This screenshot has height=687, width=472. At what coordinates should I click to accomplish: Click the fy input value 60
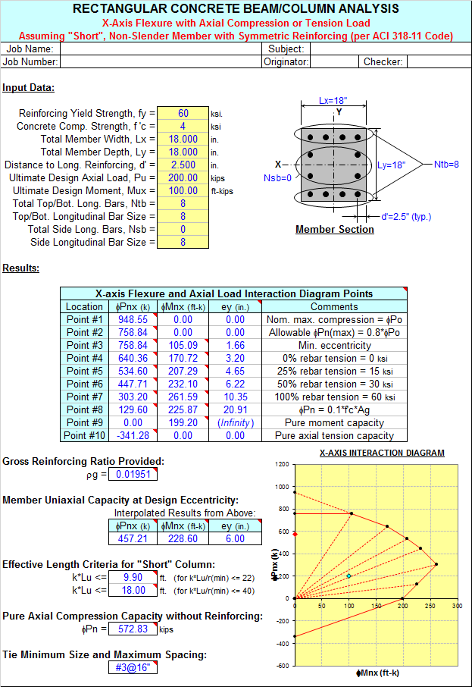[x=183, y=114]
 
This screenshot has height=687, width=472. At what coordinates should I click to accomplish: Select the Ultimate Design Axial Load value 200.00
[x=183, y=178]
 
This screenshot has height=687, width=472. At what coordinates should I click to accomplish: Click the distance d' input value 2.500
[x=183, y=165]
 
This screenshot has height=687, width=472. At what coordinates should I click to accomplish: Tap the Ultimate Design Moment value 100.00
[x=183, y=191]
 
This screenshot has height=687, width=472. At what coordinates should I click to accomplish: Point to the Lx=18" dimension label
[x=333, y=101]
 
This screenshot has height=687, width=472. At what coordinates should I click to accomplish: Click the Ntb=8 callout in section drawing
[x=446, y=165]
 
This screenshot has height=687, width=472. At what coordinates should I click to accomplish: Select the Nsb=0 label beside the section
[x=277, y=178]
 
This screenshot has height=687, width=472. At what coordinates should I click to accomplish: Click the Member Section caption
[x=335, y=230]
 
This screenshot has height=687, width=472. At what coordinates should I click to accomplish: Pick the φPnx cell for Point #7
[x=133, y=397]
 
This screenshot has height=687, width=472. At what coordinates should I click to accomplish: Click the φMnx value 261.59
[x=183, y=397]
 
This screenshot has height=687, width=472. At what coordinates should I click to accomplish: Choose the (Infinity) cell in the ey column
[x=236, y=423]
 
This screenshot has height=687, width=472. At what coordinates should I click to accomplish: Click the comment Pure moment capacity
[x=335, y=423]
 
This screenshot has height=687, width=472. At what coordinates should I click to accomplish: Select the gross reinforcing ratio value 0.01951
[x=133, y=474]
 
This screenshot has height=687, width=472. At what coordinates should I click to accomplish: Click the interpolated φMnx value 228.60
[x=183, y=538]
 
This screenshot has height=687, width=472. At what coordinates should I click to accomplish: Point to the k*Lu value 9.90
[x=133, y=578]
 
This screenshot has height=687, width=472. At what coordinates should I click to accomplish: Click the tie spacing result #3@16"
[x=133, y=668]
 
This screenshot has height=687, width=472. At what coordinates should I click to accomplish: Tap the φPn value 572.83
[x=133, y=629]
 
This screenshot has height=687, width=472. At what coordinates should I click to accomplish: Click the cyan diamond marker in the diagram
[x=349, y=576]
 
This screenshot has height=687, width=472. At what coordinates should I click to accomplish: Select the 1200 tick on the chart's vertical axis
[x=282, y=464]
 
